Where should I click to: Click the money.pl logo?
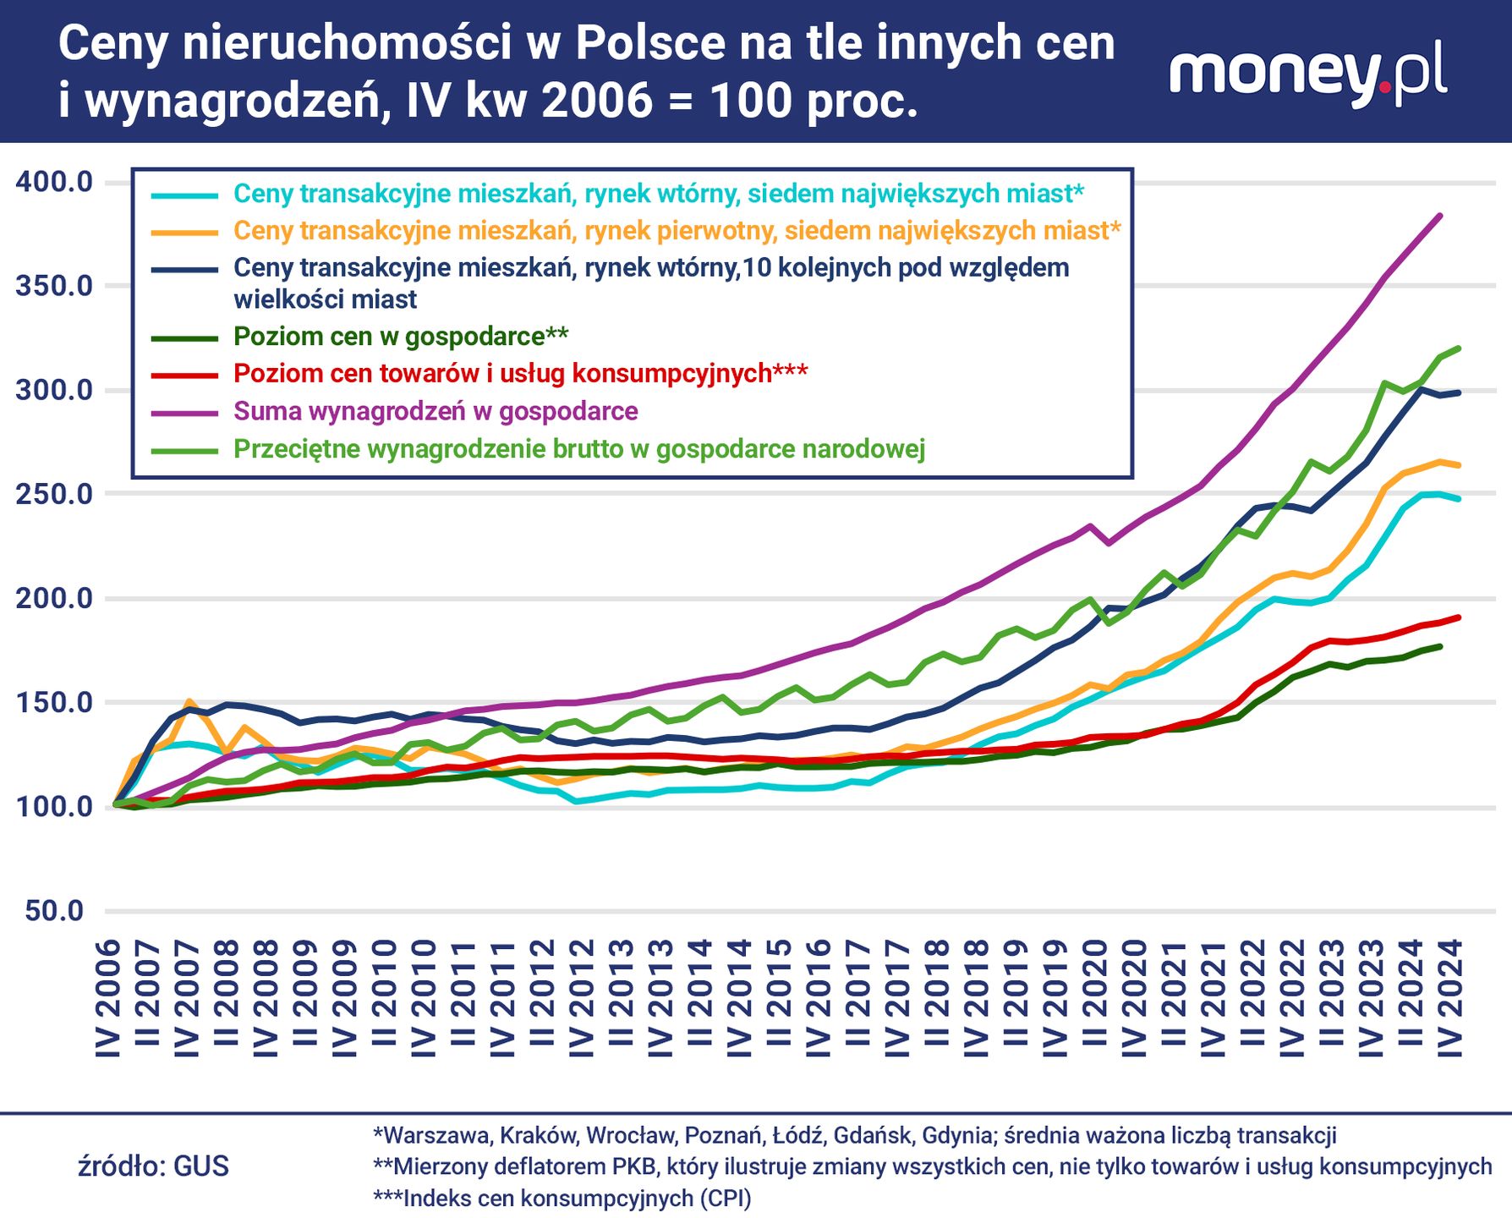(x=1307, y=74)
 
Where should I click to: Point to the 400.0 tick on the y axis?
(x=54, y=182)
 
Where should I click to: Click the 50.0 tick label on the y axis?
(x=54, y=911)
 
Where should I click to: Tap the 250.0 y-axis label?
(x=54, y=494)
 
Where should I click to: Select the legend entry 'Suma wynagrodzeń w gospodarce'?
(x=435, y=412)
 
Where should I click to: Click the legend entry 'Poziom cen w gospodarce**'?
(x=400, y=337)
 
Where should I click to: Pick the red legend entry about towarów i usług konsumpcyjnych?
(x=519, y=374)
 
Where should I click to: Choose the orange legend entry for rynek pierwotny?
(x=677, y=231)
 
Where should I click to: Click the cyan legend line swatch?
(x=184, y=195)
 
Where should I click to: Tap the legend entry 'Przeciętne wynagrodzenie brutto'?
(x=578, y=449)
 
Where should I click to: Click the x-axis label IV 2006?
(x=109, y=998)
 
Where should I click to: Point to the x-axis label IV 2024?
(x=1451, y=998)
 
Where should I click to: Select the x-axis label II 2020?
(x=1094, y=998)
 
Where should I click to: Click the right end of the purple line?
(x=1440, y=216)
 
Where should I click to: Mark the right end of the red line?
(x=1459, y=617)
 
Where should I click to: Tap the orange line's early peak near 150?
(x=189, y=701)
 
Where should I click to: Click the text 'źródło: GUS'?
(x=153, y=1166)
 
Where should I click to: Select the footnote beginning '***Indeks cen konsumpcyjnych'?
(x=562, y=1199)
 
